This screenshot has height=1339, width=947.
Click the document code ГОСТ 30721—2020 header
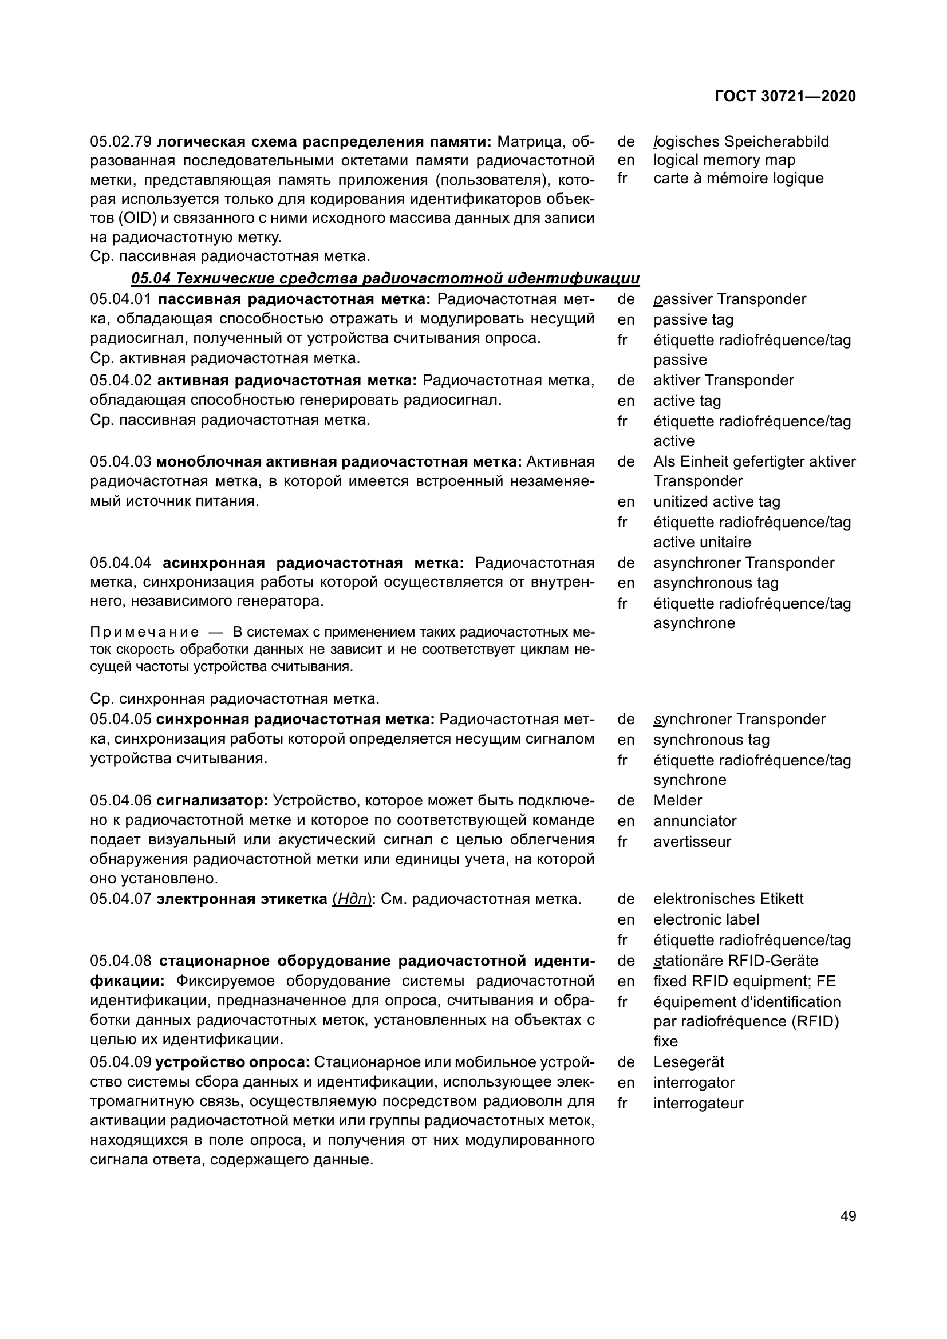click(x=785, y=96)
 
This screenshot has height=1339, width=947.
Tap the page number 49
click(x=849, y=1216)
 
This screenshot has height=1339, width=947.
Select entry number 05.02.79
click(x=121, y=142)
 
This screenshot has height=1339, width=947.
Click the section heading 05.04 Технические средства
click(x=385, y=278)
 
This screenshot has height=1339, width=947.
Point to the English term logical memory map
click(x=724, y=160)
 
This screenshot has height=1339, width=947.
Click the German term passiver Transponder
click(x=729, y=299)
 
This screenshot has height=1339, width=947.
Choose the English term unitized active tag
click(x=717, y=501)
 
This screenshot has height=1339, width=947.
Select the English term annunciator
click(x=695, y=821)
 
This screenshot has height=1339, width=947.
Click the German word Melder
click(x=677, y=801)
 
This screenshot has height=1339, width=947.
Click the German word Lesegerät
click(x=689, y=1062)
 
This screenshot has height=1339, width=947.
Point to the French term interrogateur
click(x=698, y=1103)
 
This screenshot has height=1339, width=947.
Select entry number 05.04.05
click(x=121, y=720)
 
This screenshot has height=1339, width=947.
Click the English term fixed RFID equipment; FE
click(x=745, y=982)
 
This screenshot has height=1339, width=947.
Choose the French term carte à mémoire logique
click(x=738, y=178)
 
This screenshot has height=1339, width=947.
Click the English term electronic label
click(x=706, y=920)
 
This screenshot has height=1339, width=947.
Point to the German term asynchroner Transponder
click(x=744, y=563)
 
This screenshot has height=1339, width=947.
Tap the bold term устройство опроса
click(x=232, y=1062)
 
